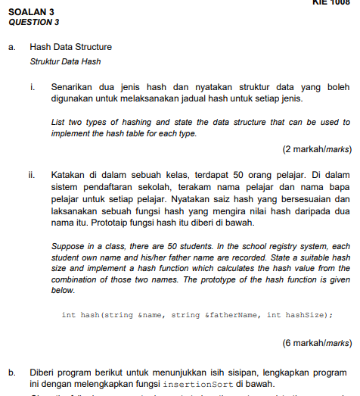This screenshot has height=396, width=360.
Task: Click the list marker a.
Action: pyautogui.click(x=11, y=47)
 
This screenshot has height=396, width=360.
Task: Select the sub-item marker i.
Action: pyautogui.click(x=33, y=87)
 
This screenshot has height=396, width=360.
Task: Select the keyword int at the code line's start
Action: pyautogui.click(x=68, y=314)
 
